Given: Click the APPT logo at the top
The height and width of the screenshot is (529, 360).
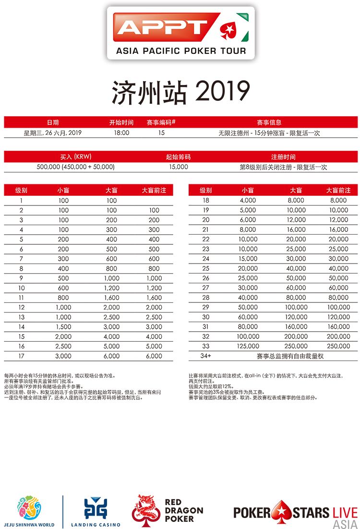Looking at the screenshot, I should click(x=180, y=33).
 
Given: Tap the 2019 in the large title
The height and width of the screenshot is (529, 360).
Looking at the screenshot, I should click(x=223, y=91).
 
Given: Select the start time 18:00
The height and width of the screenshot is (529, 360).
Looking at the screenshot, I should click(x=121, y=133).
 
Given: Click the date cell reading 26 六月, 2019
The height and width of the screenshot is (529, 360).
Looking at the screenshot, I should click(x=53, y=133).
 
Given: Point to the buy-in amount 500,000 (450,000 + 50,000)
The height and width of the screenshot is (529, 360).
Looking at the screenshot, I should click(x=75, y=167).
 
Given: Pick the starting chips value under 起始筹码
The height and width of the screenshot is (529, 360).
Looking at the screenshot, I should click(x=178, y=167).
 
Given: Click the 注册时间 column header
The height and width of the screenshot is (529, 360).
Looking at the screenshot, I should click(x=283, y=157).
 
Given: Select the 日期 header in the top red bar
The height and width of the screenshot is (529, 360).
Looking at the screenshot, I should click(x=53, y=122).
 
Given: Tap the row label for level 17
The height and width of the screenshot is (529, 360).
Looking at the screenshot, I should click(x=22, y=356).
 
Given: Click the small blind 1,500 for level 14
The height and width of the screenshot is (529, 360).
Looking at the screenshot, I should click(x=63, y=326).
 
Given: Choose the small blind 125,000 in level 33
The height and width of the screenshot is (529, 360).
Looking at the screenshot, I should click(x=248, y=346).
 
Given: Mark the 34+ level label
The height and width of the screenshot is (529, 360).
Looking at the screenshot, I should click(x=206, y=356).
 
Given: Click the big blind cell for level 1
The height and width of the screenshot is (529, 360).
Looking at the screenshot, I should click(x=111, y=201).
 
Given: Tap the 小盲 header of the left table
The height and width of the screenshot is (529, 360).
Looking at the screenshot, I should click(x=63, y=191).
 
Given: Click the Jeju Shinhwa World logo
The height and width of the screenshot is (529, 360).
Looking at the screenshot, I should click(x=29, y=511).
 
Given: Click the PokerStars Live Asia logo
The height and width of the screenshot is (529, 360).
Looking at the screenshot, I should click(x=296, y=513).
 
